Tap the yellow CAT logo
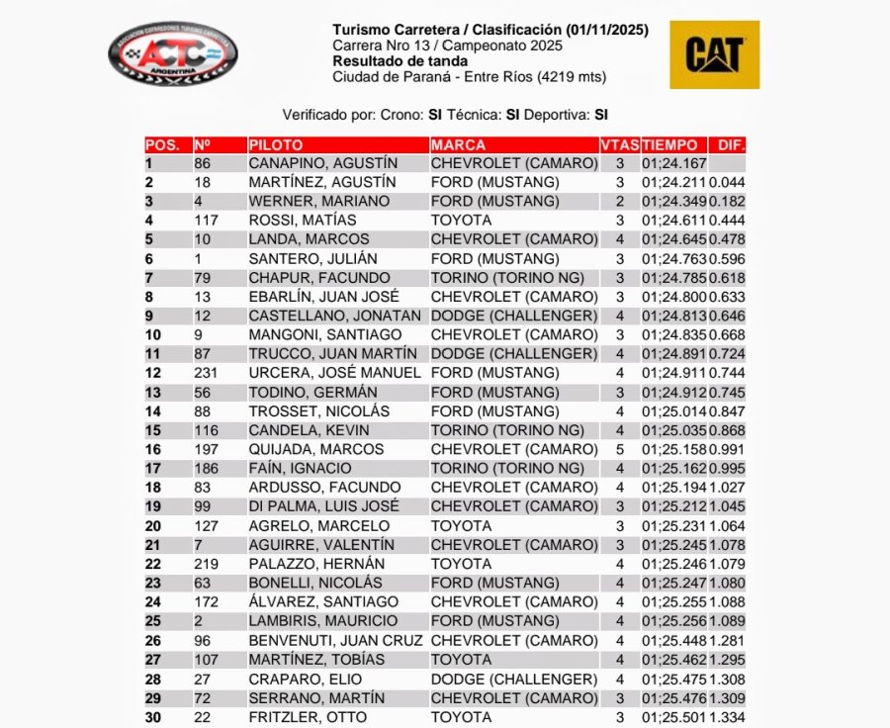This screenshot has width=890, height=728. (714, 54)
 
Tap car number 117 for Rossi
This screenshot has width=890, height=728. (207, 220)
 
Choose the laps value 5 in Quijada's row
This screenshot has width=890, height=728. (620, 449)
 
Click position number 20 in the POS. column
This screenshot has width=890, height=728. (152, 525)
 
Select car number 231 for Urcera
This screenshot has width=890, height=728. (207, 373)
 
